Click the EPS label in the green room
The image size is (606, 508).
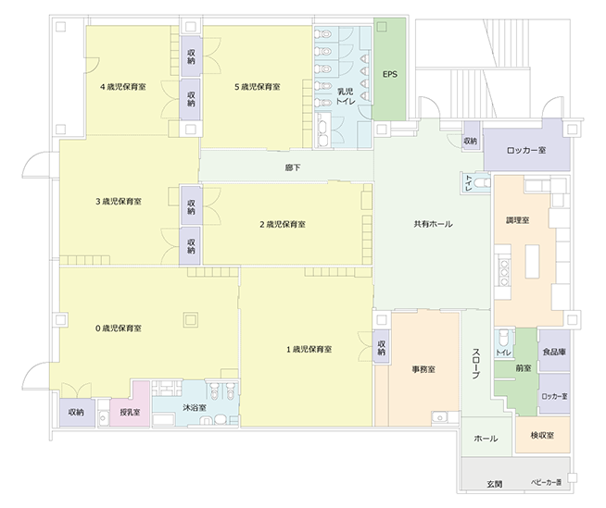point(390,74)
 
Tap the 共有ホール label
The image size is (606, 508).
point(433,224)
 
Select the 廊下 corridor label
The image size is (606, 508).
point(293,167)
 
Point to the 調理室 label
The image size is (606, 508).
point(517,220)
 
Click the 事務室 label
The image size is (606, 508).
point(423,369)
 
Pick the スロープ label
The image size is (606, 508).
point(476,364)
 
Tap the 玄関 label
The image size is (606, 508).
point(494,484)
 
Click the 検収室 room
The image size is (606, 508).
point(543,435)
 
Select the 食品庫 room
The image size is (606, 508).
point(554,351)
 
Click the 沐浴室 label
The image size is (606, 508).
point(195,408)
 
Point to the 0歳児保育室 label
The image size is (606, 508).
point(119,328)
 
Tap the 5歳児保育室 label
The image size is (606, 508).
point(258,87)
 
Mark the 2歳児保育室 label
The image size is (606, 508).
point(283,224)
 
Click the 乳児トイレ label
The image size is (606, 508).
point(345,96)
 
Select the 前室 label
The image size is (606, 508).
point(524,368)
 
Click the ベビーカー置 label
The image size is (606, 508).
point(546,482)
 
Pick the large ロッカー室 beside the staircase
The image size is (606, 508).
point(526,150)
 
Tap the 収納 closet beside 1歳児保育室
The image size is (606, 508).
point(382,347)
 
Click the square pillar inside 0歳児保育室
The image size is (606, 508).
point(190,319)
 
